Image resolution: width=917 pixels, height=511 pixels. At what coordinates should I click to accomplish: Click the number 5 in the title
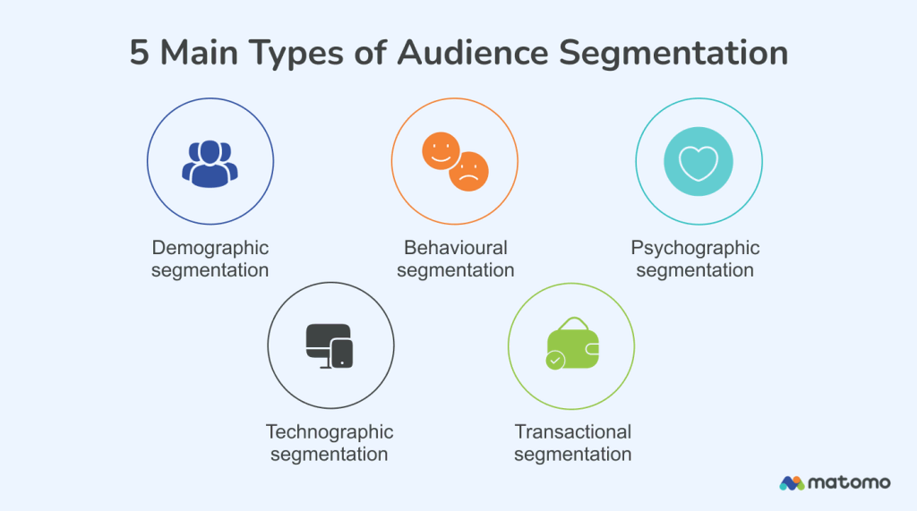tap(140, 53)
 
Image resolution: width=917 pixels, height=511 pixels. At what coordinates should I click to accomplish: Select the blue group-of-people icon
tap(210, 163)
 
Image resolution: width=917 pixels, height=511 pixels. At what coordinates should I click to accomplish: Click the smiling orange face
tap(440, 150)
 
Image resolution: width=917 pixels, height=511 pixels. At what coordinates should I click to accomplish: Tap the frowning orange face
tap(469, 172)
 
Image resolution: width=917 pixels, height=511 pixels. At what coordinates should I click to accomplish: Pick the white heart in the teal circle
tap(698, 162)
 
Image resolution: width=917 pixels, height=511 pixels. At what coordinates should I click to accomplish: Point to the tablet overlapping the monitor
tap(342, 353)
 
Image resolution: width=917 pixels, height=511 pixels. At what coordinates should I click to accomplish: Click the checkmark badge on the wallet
tap(555, 361)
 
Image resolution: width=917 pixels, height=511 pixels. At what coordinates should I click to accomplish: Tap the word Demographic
tap(210, 248)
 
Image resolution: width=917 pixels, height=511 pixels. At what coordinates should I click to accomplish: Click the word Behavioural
tap(455, 248)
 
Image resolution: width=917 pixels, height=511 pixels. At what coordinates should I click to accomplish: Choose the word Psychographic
tap(695, 248)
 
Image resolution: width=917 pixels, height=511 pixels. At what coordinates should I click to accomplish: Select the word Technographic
tap(330, 432)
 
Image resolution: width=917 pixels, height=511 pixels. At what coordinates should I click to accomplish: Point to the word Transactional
tap(573, 432)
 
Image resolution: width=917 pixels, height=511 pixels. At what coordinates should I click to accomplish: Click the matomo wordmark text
tap(849, 482)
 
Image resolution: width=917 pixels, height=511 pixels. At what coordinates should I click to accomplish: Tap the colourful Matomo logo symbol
tap(792, 482)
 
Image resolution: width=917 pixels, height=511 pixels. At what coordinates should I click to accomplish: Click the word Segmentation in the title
tap(673, 54)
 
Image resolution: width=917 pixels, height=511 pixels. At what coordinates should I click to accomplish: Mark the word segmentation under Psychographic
tap(695, 269)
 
